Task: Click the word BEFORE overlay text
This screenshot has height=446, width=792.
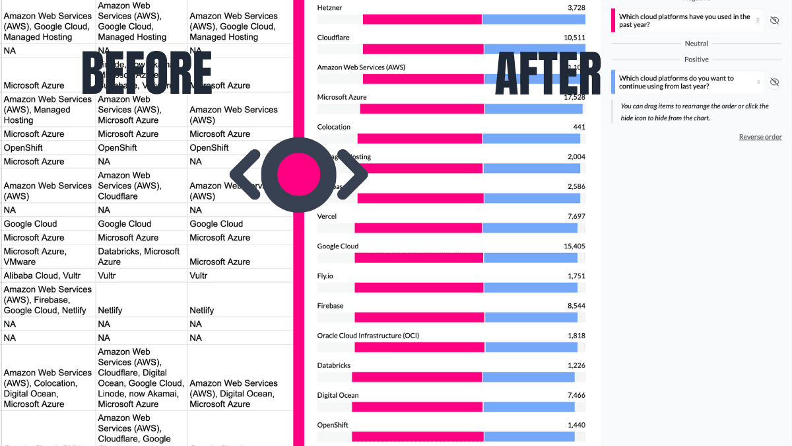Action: tap(147, 73)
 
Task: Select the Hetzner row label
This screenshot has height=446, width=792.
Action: tap(329, 7)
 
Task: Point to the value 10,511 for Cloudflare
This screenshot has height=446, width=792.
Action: tap(574, 38)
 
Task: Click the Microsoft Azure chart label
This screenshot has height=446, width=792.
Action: tap(342, 97)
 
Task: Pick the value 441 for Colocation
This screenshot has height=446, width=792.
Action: tap(579, 127)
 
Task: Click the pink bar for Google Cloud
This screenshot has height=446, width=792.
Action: tap(418, 258)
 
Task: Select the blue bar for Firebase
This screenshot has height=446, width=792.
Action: tap(531, 317)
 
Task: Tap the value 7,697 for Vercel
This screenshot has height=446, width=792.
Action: tap(576, 216)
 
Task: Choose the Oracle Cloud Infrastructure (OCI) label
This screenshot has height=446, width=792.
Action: tap(368, 336)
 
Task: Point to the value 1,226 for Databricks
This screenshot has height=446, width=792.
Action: tap(576, 365)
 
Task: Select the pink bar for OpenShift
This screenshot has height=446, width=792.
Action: tap(417, 437)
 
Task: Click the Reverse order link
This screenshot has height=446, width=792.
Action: tap(760, 137)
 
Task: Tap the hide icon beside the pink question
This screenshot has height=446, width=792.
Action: tap(775, 21)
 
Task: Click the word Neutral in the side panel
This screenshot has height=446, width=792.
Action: tap(696, 44)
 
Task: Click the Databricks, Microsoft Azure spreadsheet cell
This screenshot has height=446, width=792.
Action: tap(139, 256)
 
